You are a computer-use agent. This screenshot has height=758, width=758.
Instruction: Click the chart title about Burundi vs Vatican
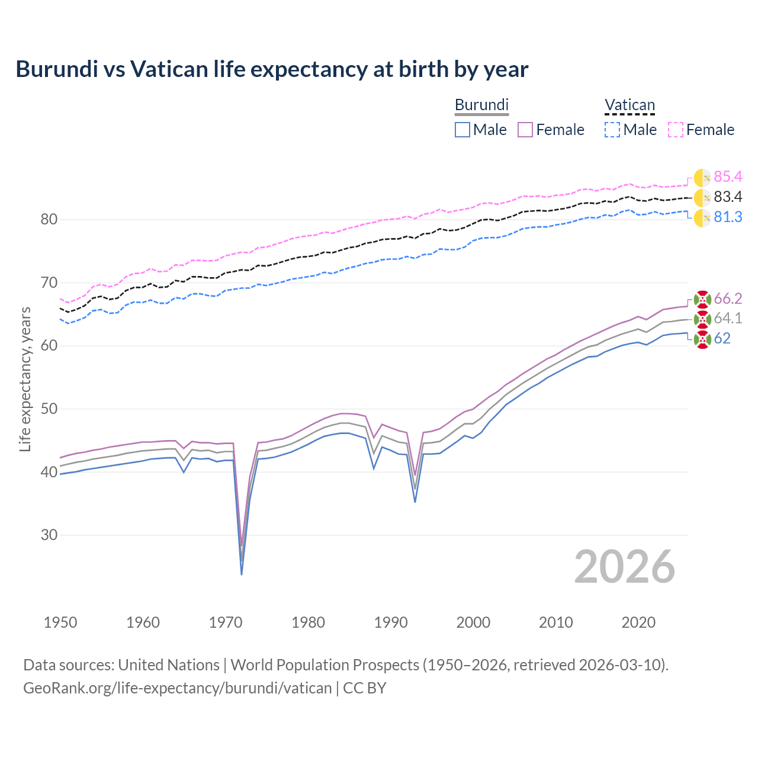[272, 69]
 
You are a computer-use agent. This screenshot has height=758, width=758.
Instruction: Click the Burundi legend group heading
[481, 105]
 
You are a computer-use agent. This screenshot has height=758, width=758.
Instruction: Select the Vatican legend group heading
[629, 105]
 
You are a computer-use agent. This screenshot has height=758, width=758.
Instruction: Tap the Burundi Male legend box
[462, 130]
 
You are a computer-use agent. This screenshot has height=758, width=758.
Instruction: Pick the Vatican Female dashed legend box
[676, 130]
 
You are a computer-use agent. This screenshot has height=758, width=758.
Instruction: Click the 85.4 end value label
[728, 176]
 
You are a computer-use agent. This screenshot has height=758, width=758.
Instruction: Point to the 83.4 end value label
[728, 197]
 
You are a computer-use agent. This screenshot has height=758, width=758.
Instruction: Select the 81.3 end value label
[728, 217]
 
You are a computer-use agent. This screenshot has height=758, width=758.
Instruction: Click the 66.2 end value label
[728, 298]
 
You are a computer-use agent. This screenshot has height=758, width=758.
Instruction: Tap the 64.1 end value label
[728, 318]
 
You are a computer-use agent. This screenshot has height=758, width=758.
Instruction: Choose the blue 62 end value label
[722, 338]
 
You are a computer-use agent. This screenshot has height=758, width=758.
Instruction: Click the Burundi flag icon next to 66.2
[702, 299]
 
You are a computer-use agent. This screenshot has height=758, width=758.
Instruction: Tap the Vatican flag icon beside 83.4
[702, 198]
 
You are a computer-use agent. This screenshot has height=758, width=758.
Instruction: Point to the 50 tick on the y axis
[49, 409]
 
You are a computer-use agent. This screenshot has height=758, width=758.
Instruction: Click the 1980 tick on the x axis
[308, 622]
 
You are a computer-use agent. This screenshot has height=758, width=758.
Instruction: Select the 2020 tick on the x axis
[638, 622]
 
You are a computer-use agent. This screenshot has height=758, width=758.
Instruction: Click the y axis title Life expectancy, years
[25, 379]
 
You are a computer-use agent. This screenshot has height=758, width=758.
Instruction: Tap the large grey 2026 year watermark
[625, 567]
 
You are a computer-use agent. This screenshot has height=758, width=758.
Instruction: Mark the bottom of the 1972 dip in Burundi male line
[242, 574]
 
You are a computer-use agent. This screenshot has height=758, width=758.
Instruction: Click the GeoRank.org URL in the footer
[178, 688]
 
